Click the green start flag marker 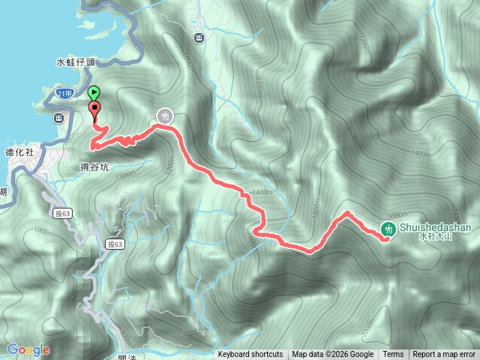pos(94,94)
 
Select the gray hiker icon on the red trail pos(164,116)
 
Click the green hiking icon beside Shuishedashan pos(389,229)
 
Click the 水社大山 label pos(436,238)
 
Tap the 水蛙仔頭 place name pos(76,63)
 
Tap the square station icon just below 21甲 pos(58,117)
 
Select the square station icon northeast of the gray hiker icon pos(198,38)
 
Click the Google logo pos(28,349)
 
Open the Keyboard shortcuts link pos(250,355)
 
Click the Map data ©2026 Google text pos(332,355)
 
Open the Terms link pos(393,355)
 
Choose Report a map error pos(444,355)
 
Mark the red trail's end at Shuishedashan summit pos(384,239)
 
